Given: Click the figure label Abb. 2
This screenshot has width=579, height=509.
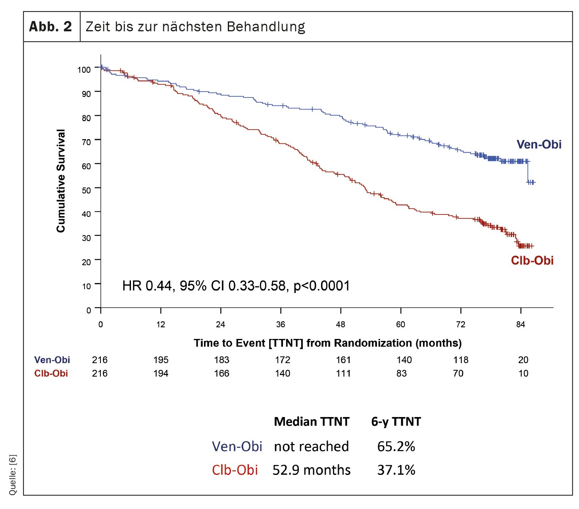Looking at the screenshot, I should [x=50, y=27].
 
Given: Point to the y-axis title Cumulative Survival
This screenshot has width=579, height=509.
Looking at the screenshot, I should [x=61, y=181].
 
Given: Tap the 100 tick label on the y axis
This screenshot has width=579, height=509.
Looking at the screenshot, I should [x=84, y=70].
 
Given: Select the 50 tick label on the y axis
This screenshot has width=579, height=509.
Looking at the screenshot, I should [x=86, y=190].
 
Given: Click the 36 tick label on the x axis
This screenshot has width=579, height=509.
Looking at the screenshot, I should [x=281, y=325].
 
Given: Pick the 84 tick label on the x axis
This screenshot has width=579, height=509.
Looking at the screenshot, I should [x=520, y=325].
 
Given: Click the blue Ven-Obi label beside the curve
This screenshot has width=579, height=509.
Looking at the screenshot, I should [x=539, y=144].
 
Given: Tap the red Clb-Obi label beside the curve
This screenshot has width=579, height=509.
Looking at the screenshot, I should [x=532, y=260].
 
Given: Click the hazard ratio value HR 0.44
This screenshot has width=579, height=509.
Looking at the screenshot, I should [x=147, y=286].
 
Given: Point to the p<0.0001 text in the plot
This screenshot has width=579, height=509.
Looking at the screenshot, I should [x=321, y=286].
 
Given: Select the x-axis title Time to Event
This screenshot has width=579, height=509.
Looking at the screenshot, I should [x=327, y=343].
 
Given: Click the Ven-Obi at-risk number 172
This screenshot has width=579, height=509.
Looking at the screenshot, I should [x=283, y=360].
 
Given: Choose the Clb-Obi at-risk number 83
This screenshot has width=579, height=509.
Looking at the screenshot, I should [x=401, y=373].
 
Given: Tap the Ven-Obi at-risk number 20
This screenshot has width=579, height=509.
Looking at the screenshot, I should [x=523, y=360].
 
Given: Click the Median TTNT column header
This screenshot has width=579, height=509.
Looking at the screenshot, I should [x=312, y=421].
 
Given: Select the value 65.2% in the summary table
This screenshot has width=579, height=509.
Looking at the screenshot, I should [x=396, y=446].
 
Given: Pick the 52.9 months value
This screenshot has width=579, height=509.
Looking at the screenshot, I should [x=312, y=470].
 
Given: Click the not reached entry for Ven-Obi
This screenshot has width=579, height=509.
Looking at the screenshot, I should [x=312, y=446].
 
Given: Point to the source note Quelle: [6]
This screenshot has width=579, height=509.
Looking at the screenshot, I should [x=13, y=475].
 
